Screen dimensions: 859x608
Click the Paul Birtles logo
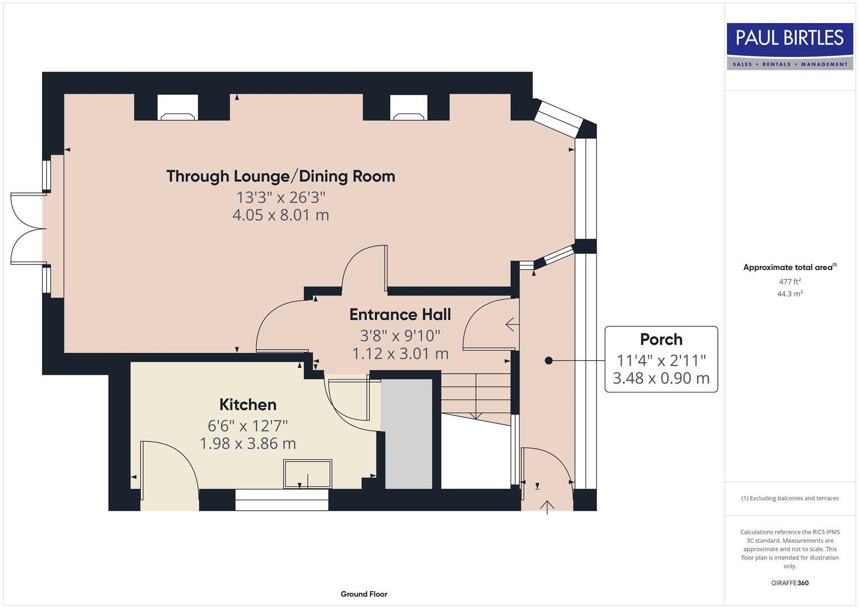point(790,46)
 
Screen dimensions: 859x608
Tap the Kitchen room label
point(248,405)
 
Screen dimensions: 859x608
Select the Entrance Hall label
point(400,314)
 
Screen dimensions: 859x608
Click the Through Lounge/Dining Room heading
point(281,176)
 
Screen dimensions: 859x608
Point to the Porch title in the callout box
point(661,339)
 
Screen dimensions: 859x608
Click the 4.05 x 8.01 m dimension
point(281,215)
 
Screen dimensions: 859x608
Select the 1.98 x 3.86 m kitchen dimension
point(248,444)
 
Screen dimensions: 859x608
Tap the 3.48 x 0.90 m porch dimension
point(661,378)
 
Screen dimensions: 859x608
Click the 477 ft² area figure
point(790,281)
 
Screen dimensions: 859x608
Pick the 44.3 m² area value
point(790,294)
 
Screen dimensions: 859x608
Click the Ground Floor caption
point(364,594)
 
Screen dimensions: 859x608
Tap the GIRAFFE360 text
point(790,583)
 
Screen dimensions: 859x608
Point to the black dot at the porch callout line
point(549,360)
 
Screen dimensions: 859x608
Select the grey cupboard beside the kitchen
point(408,434)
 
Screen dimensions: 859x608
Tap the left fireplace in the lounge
point(178,108)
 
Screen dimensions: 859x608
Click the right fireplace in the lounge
point(409,108)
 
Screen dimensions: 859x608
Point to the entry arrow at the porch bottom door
point(547,507)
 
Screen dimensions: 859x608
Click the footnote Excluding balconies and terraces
point(790,498)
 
